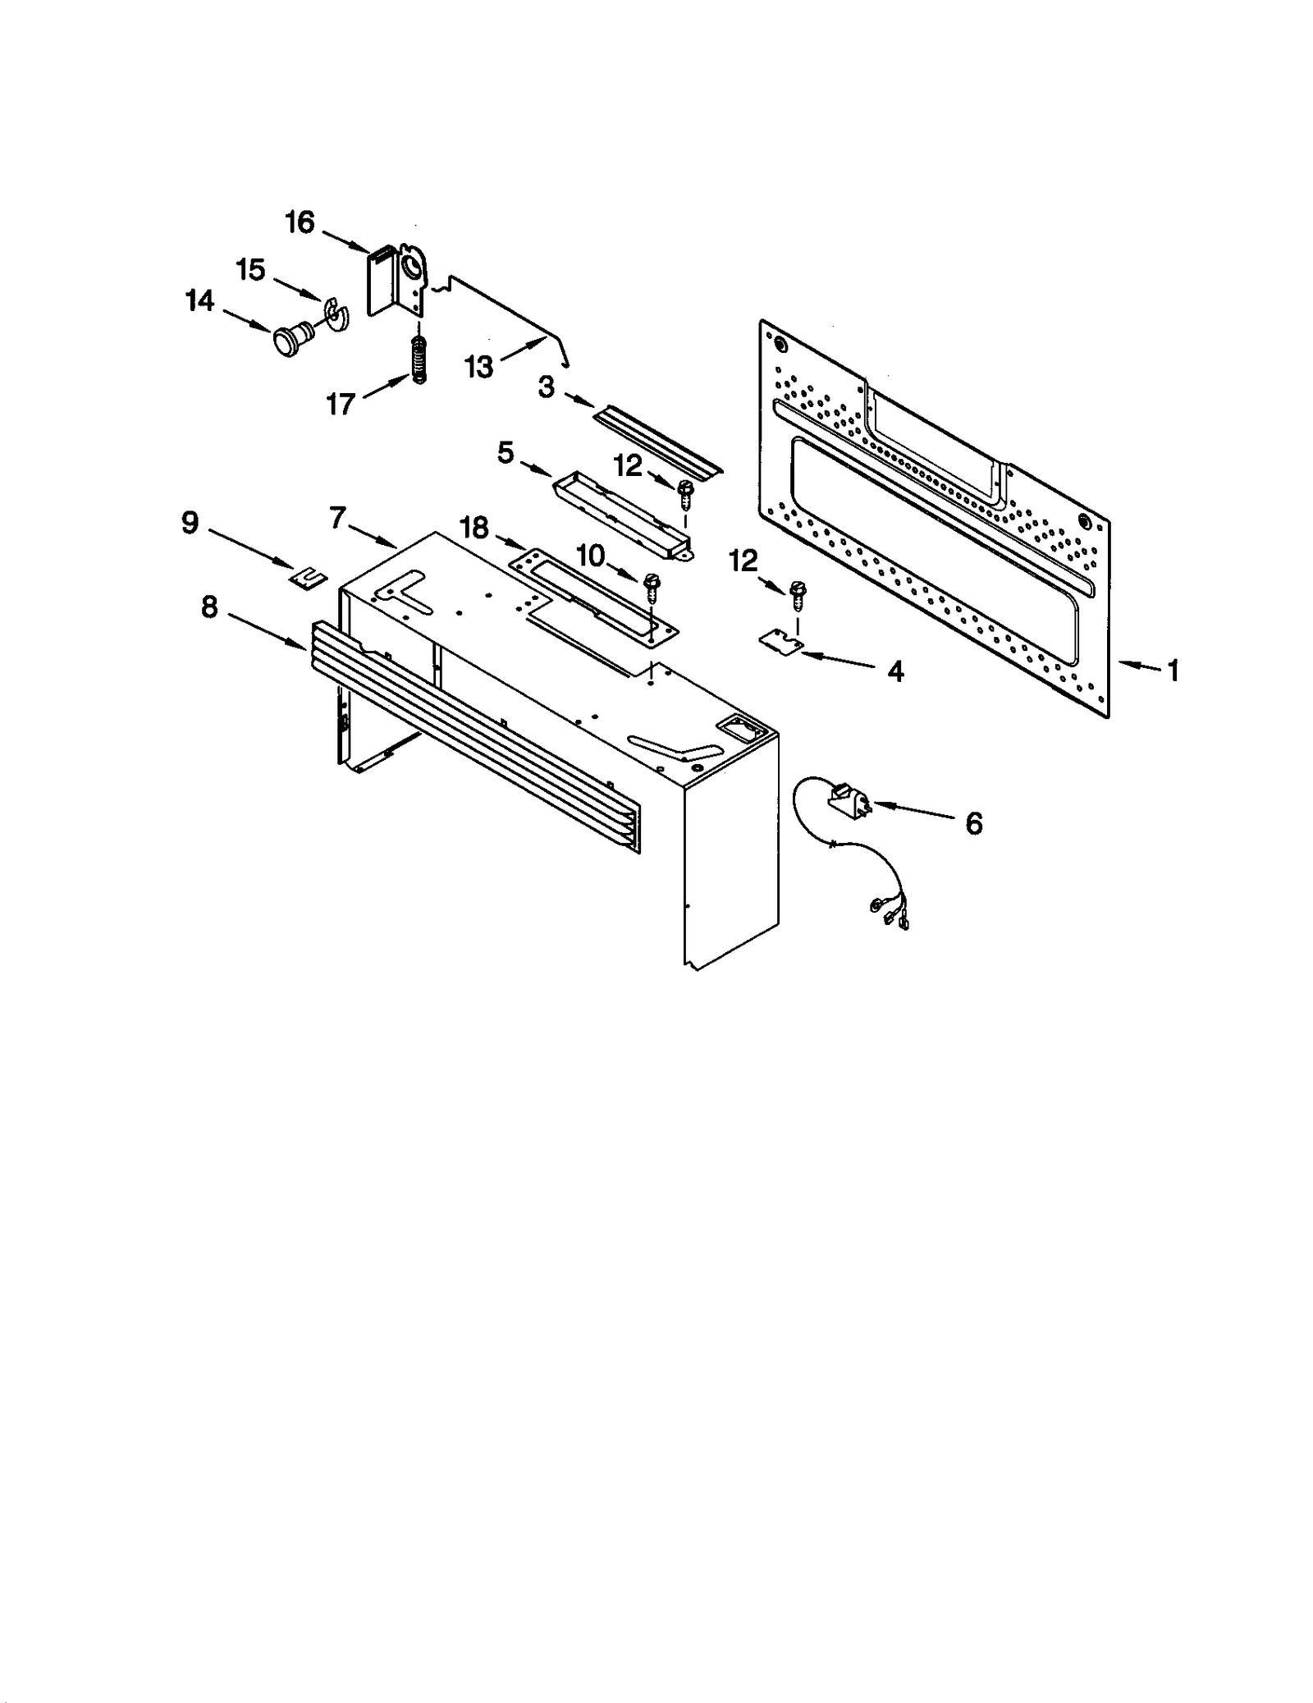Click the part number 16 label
[x=300, y=222]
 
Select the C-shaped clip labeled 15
[x=336, y=314]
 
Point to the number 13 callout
[x=478, y=367]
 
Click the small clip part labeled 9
[x=307, y=578]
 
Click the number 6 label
[x=973, y=823]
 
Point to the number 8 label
[x=209, y=607]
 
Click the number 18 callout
[x=474, y=528]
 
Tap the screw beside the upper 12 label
[x=684, y=492]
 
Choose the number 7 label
[x=337, y=518]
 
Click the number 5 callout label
[x=506, y=452]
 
